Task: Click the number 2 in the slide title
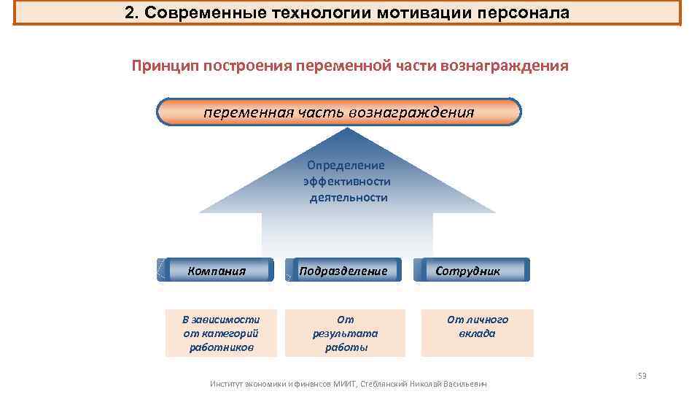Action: click(130, 13)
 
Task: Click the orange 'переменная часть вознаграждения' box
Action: click(339, 112)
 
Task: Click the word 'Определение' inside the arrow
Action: click(346, 165)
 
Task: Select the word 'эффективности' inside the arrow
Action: click(347, 181)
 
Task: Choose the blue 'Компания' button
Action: click(217, 271)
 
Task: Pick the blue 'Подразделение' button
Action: click(343, 271)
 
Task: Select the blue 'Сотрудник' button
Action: click(470, 271)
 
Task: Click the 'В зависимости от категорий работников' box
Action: click(221, 333)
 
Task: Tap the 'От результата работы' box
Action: click(345, 333)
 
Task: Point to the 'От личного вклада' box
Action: click(477, 326)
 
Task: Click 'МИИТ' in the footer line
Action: click(343, 384)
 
